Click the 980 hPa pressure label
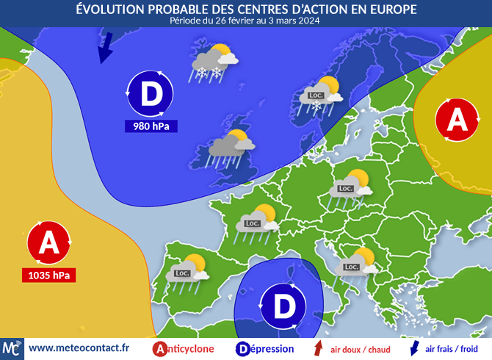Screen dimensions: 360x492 point(151,126)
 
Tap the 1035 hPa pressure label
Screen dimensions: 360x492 point(48,276)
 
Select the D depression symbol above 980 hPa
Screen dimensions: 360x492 point(151,94)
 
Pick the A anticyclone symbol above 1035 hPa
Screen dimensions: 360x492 point(49,242)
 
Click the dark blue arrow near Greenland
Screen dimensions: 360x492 point(105,48)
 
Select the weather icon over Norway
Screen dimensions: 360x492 point(322,94)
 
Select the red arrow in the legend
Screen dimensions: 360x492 point(318,348)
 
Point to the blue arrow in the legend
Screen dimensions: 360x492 point(413,348)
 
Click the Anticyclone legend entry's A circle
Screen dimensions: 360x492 point(160,349)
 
